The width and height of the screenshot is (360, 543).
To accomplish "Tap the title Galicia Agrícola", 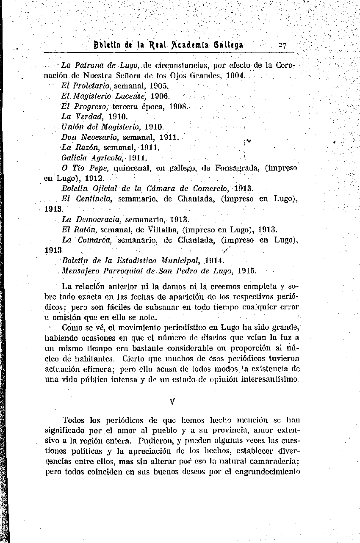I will (93, 158).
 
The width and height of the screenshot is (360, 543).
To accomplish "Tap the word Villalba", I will (159, 230).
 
